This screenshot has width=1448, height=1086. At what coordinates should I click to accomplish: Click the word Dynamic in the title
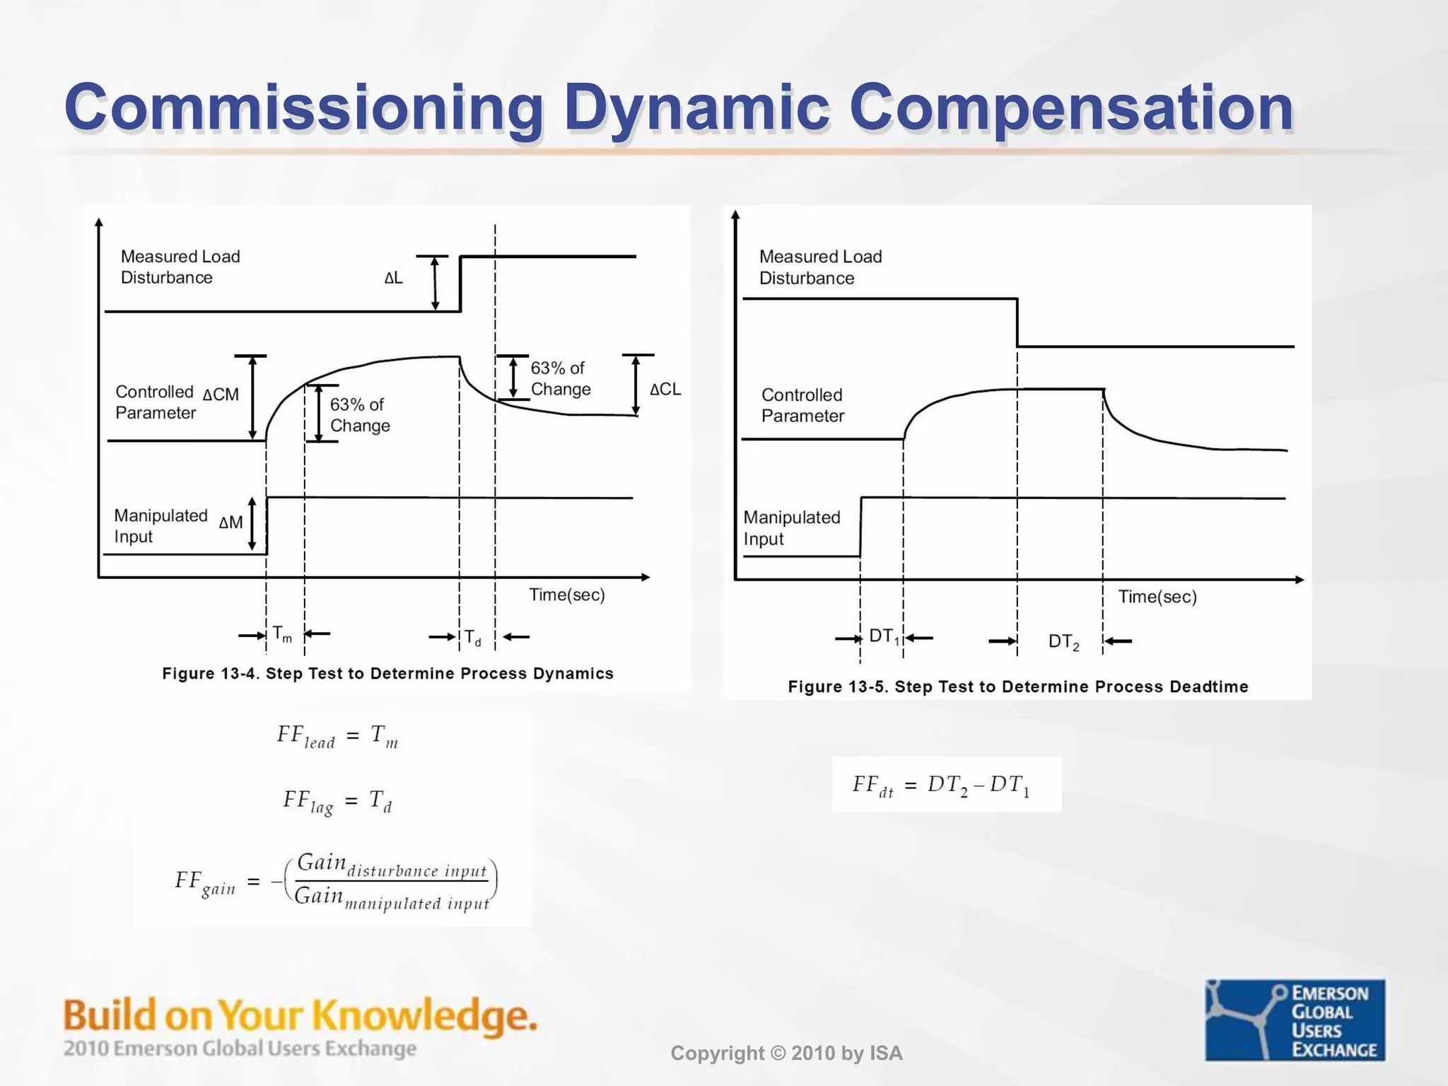[696, 107]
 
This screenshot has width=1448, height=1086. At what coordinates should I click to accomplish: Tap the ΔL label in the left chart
[394, 278]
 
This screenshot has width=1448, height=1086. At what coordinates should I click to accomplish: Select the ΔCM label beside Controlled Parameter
[221, 395]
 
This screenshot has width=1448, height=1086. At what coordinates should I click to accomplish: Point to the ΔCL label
[665, 389]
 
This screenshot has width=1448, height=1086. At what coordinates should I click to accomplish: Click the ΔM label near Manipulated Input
[230, 522]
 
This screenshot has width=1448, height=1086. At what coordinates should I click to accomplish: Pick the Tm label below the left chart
[282, 634]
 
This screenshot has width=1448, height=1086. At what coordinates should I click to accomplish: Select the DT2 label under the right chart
[1063, 642]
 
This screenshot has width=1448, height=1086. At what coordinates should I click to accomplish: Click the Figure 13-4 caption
[387, 673]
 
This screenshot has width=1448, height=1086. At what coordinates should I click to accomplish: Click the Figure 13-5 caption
[1017, 687]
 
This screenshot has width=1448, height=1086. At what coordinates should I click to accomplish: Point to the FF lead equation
[337, 737]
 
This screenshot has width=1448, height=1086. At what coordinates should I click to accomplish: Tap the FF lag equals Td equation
[337, 802]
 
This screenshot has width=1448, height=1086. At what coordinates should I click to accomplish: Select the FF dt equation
[941, 786]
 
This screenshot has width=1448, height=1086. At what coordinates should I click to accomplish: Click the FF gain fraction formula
[336, 882]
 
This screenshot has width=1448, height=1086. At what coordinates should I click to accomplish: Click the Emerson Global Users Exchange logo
[1295, 1020]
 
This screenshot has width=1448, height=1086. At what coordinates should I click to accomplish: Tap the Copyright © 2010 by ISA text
[786, 1053]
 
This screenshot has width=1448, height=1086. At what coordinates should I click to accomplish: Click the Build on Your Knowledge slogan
[300, 1015]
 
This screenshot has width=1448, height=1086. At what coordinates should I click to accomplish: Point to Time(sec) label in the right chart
[1157, 597]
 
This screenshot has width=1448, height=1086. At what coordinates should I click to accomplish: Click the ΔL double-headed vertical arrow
[435, 283]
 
